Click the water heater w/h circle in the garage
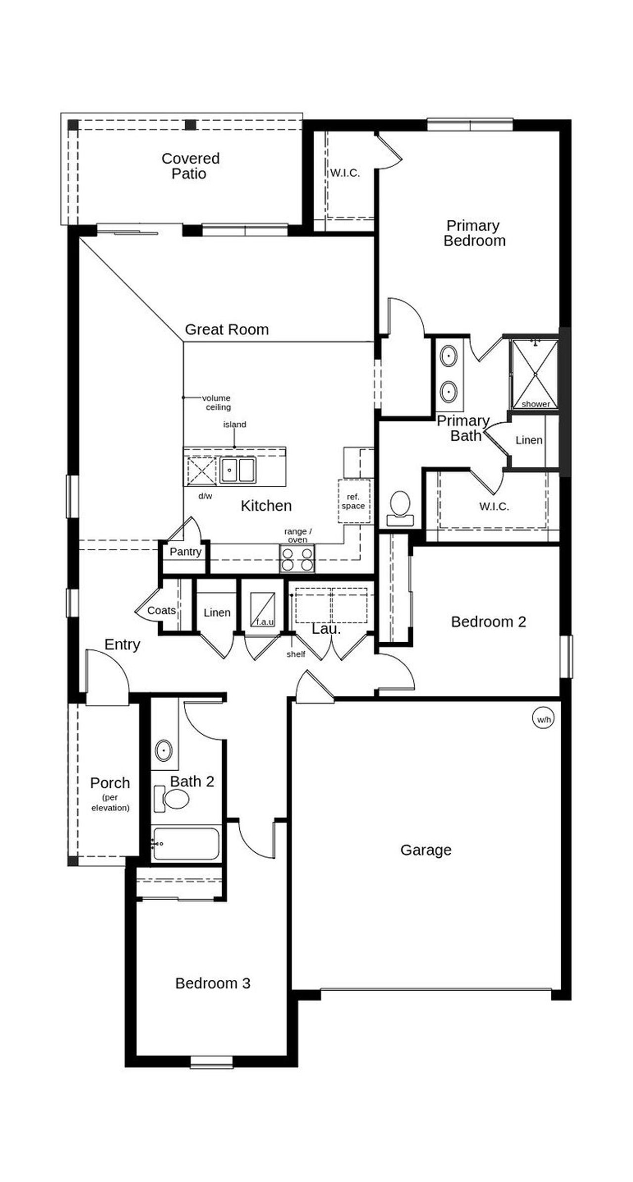543,719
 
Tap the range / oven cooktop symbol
297,559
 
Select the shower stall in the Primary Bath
535,374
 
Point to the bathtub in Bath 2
185,844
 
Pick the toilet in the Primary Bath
400,508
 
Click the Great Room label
226,329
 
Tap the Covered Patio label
190,166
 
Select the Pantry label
185,552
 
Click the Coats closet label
161,611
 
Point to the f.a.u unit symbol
263,609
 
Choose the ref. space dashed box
354,501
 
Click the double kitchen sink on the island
237,470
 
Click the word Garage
426,850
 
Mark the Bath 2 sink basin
163,750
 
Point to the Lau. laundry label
326,629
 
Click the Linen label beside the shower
529,440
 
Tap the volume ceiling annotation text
218,402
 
